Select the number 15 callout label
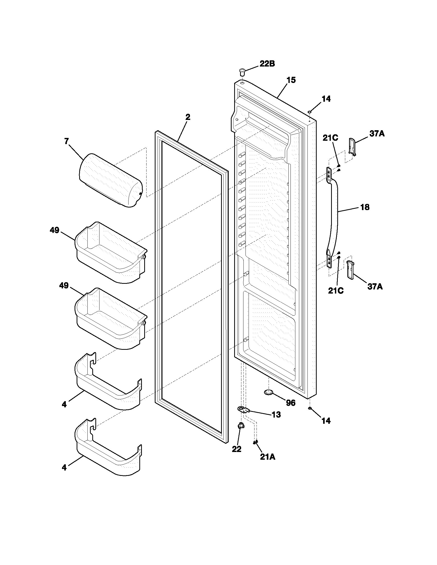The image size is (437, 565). pos(291,80)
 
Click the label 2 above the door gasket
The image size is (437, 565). pos(188,117)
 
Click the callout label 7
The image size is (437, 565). pos(67,141)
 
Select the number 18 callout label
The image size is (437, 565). pos(365,207)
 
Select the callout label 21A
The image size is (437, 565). pos(267,457)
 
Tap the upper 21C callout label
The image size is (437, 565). pos(330,138)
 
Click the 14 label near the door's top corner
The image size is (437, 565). pos(326,99)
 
